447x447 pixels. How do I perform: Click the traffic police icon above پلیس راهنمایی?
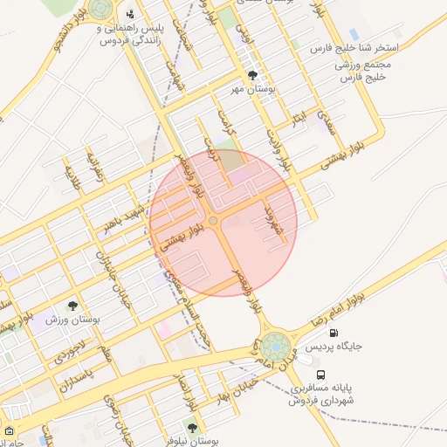point(130,14)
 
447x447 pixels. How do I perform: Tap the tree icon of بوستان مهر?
point(253,76)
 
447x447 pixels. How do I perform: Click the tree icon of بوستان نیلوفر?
point(192,428)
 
